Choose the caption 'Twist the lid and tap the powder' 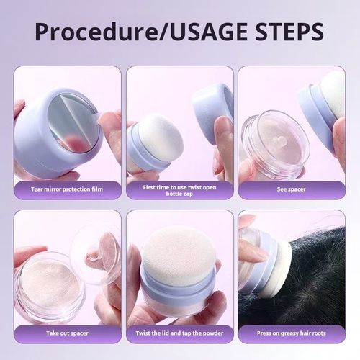point(179,333)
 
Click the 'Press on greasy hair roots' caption point(291,333)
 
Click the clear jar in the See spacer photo point(274,144)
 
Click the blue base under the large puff point(176,295)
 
